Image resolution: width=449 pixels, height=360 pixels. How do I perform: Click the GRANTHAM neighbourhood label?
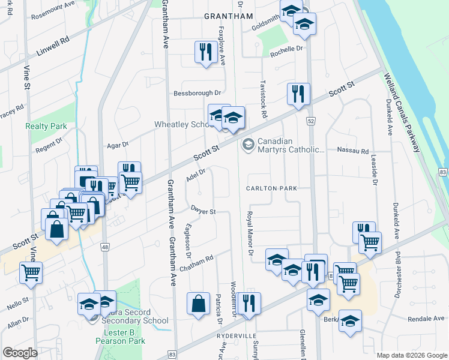click(x=229, y=16)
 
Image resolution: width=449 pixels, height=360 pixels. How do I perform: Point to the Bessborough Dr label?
click(x=197, y=94)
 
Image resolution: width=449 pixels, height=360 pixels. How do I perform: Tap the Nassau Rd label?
click(x=353, y=151)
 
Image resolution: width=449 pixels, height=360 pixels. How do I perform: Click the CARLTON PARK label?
click(x=271, y=188)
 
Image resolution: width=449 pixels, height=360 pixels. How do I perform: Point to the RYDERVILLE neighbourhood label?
click(x=237, y=336)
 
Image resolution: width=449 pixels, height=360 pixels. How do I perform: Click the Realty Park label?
click(x=46, y=127)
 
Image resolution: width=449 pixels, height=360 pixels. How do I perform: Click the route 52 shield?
click(x=311, y=121)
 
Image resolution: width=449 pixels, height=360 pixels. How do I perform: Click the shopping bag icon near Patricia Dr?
click(x=198, y=304)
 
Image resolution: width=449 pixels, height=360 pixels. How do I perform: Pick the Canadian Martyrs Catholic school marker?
click(x=247, y=145)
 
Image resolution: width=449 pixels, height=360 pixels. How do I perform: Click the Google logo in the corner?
click(x=20, y=353)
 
